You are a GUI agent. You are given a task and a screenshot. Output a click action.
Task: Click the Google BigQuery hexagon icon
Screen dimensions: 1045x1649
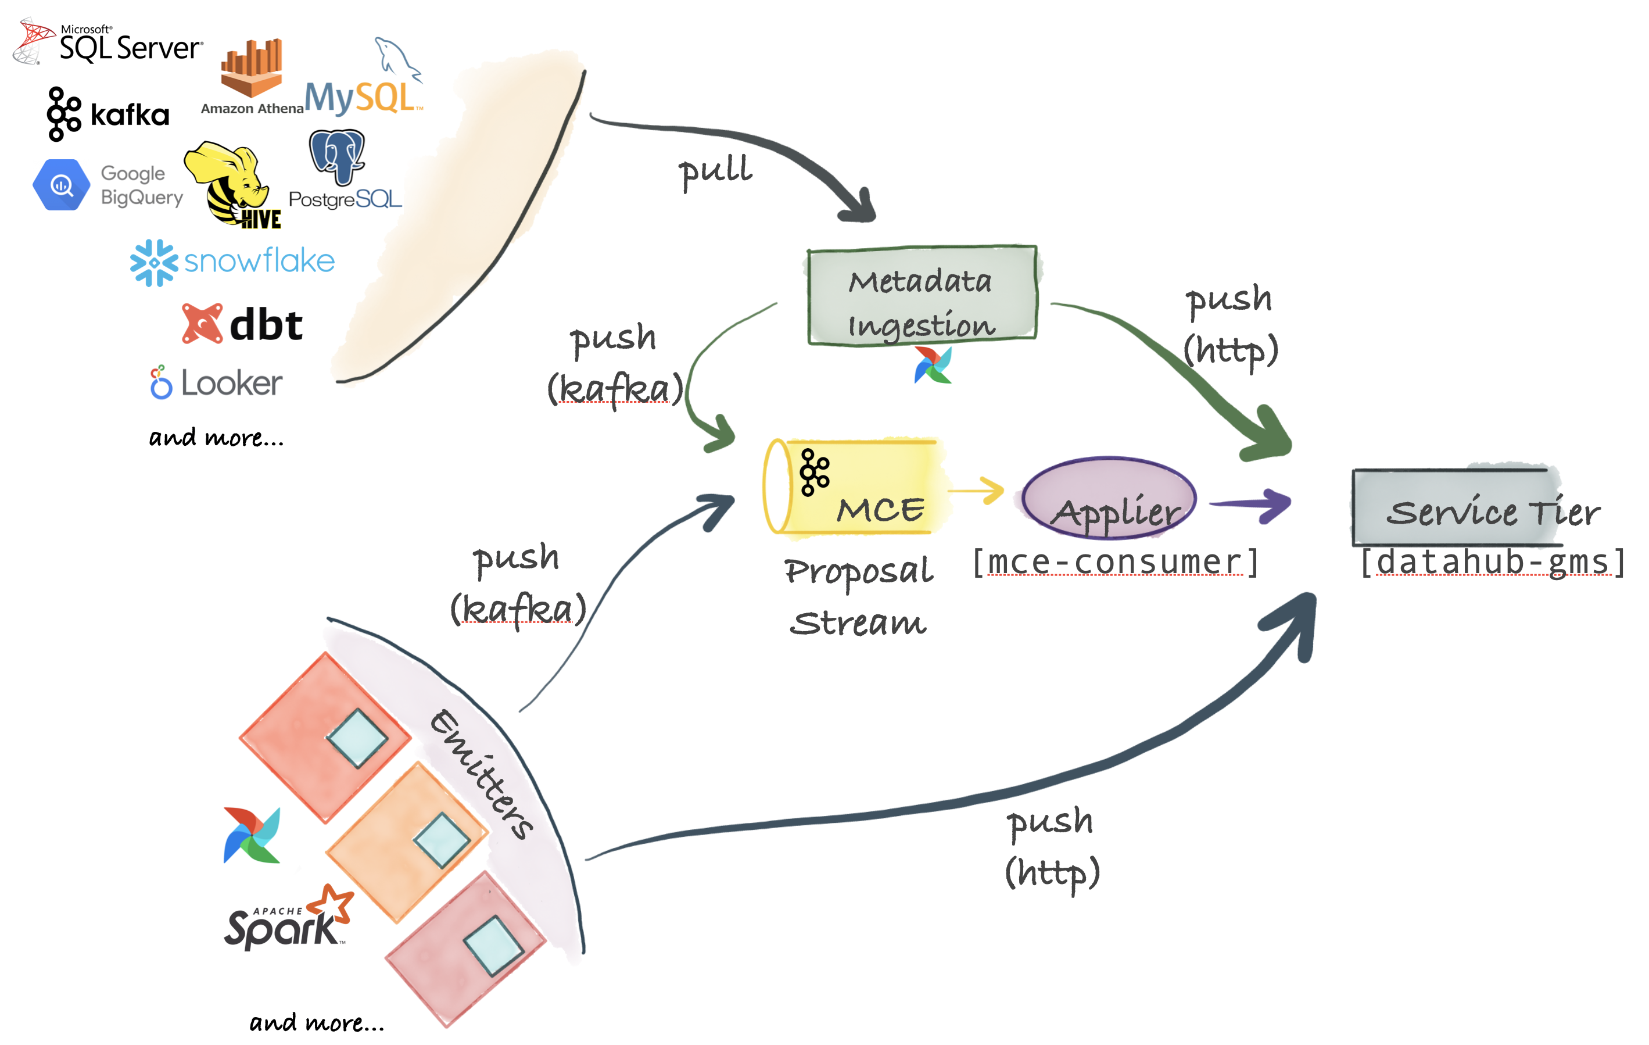(62, 185)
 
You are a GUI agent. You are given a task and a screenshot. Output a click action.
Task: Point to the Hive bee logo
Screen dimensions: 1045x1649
(233, 184)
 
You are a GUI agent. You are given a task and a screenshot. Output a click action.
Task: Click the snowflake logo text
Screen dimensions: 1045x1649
(259, 261)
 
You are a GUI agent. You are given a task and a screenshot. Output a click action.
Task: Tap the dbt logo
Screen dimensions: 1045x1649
(242, 324)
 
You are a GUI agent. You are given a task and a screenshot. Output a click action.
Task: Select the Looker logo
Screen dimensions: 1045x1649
(216, 382)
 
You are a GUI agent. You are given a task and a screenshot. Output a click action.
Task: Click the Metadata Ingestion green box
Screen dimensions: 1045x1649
(921, 295)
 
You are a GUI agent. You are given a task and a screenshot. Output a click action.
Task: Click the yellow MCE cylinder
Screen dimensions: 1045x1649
(856, 487)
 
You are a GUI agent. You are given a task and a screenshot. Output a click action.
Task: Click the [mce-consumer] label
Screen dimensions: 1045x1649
(1115, 563)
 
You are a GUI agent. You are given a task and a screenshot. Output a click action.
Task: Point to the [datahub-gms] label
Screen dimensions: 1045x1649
(1492, 563)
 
